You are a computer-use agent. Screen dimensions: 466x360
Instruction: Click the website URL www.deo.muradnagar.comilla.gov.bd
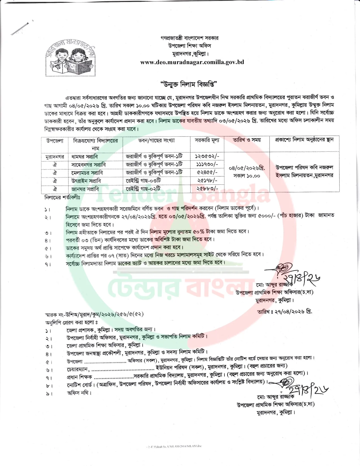click(192, 62)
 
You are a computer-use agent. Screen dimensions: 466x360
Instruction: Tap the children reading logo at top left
click(70, 59)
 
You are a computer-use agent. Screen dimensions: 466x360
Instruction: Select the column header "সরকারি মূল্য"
click(207, 140)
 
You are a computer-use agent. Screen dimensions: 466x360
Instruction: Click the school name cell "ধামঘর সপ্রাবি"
click(85, 157)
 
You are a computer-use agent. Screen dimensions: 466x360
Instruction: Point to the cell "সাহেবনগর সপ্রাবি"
click(89, 165)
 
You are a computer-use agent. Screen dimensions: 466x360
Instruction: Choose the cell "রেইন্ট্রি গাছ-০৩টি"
click(143, 180)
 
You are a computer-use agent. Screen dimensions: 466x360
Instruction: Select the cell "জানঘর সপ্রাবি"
click(85, 189)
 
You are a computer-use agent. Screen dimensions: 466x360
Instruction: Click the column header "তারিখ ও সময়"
click(246, 140)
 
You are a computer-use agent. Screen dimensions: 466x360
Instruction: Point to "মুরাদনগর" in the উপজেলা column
click(55, 157)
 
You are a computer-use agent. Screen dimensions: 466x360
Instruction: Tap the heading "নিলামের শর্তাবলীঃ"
click(62, 197)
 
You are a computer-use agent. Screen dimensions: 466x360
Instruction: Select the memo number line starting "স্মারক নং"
click(96, 314)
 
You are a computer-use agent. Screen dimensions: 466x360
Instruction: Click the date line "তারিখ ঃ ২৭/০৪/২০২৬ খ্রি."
click(285, 312)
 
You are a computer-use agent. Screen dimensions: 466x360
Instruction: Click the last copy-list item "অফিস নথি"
click(79, 393)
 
